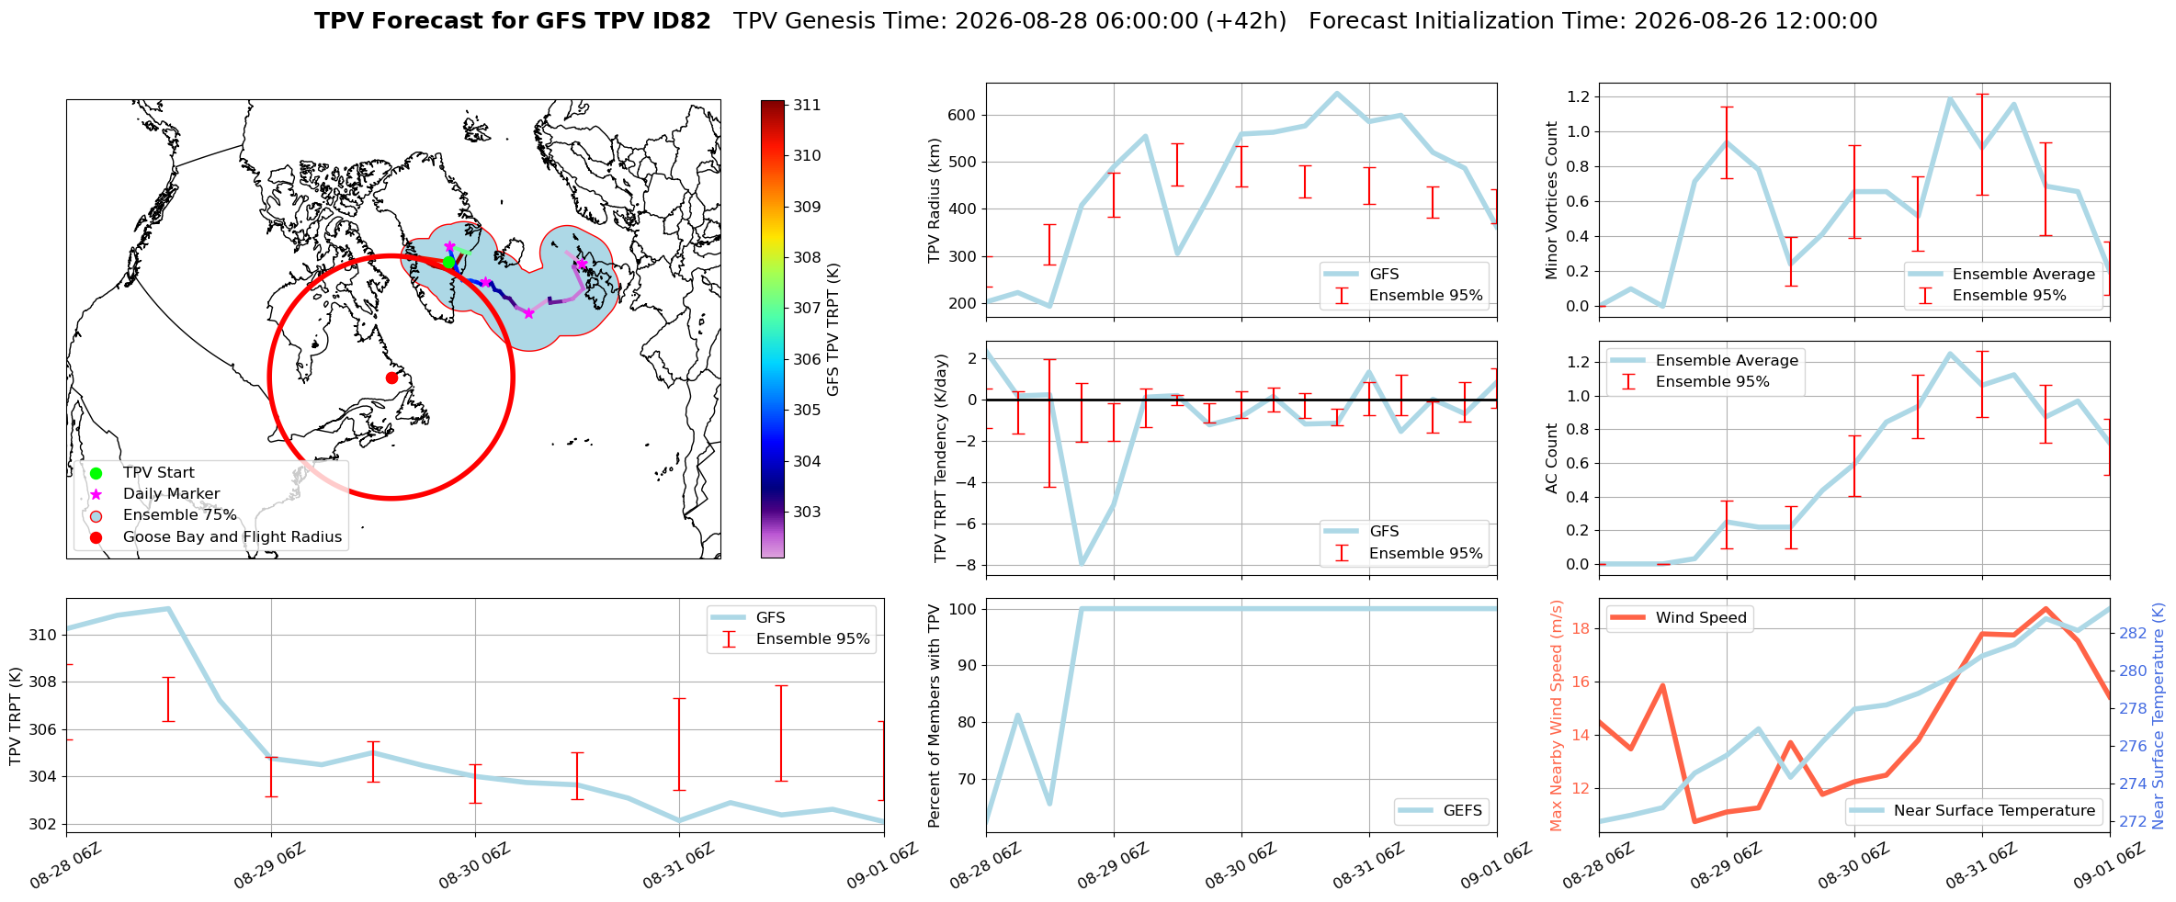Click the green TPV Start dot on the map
point(448,262)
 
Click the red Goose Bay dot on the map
point(391,378)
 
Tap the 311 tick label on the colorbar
point(807,105)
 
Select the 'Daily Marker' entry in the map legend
point(171,494)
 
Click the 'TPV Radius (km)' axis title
point(935,200)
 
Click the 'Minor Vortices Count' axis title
point(1552,200)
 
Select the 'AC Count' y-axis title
point(1552,458)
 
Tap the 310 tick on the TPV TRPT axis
point(42,635)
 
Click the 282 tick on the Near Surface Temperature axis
point(2133,633)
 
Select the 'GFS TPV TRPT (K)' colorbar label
point(833,330)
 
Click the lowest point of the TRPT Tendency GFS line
point(1082,564)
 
